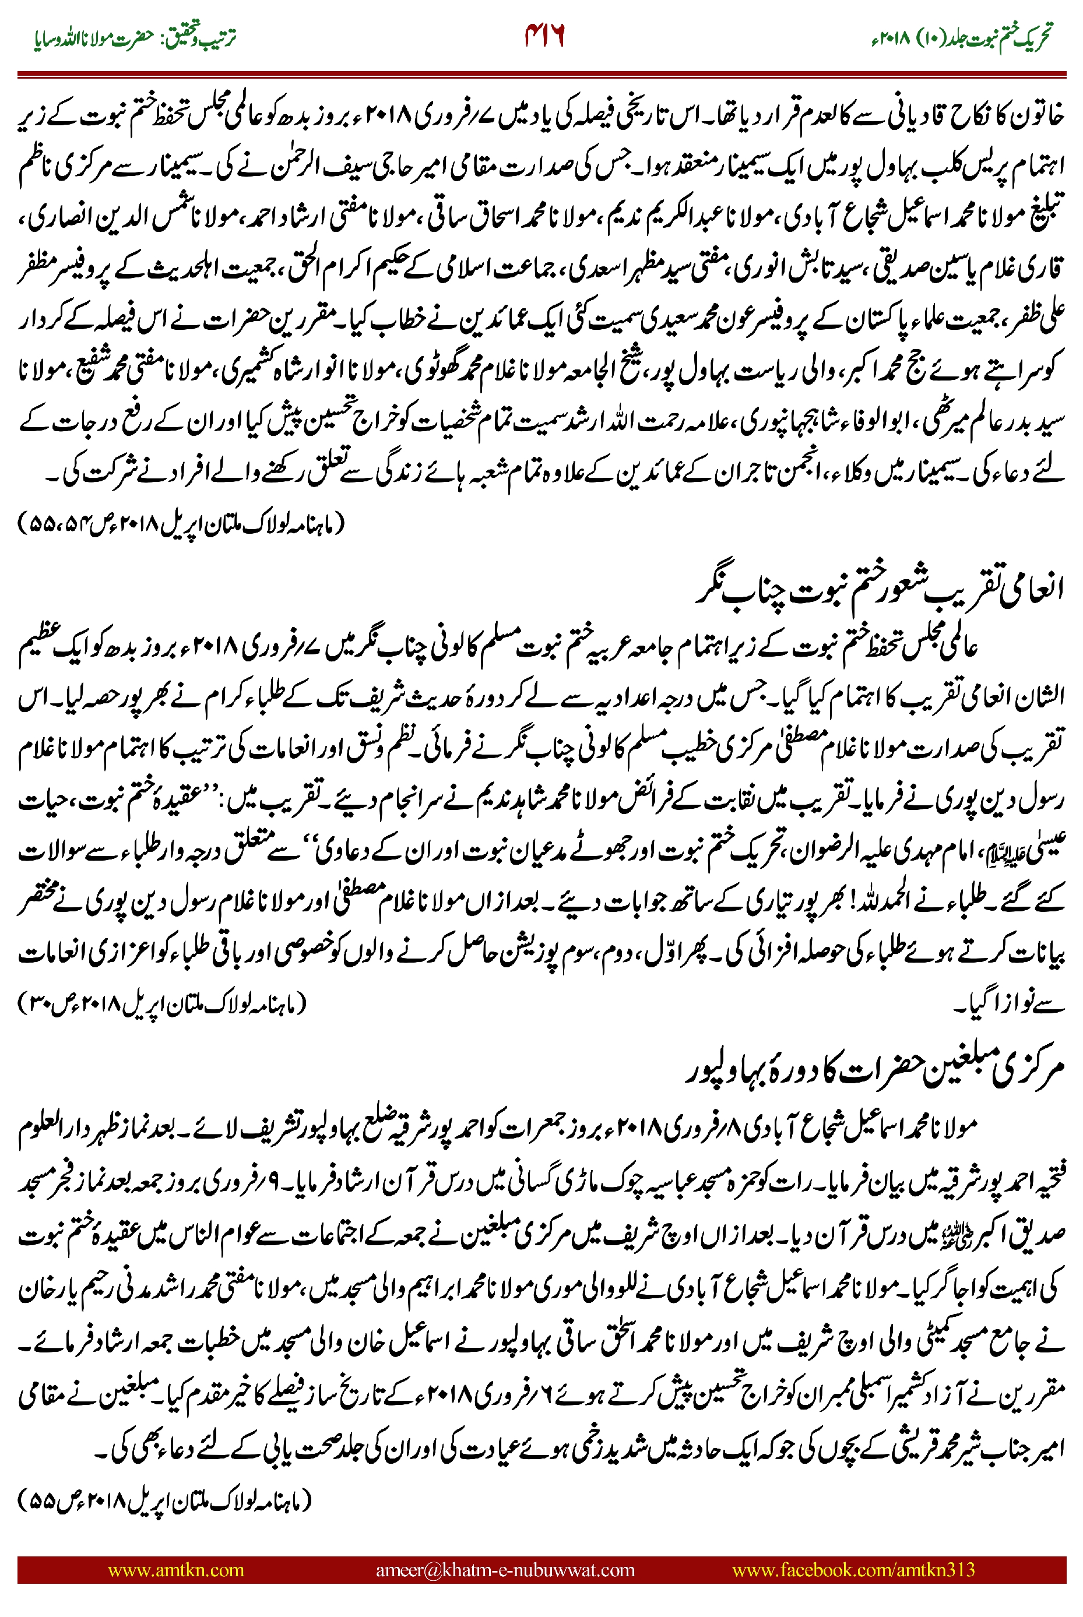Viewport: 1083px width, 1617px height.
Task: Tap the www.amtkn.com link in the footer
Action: [175, 1570]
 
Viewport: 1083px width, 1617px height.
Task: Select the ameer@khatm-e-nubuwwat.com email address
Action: [505, 1570]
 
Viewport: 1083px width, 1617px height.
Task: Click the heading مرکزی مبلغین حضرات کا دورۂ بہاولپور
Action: [874, 1069]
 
